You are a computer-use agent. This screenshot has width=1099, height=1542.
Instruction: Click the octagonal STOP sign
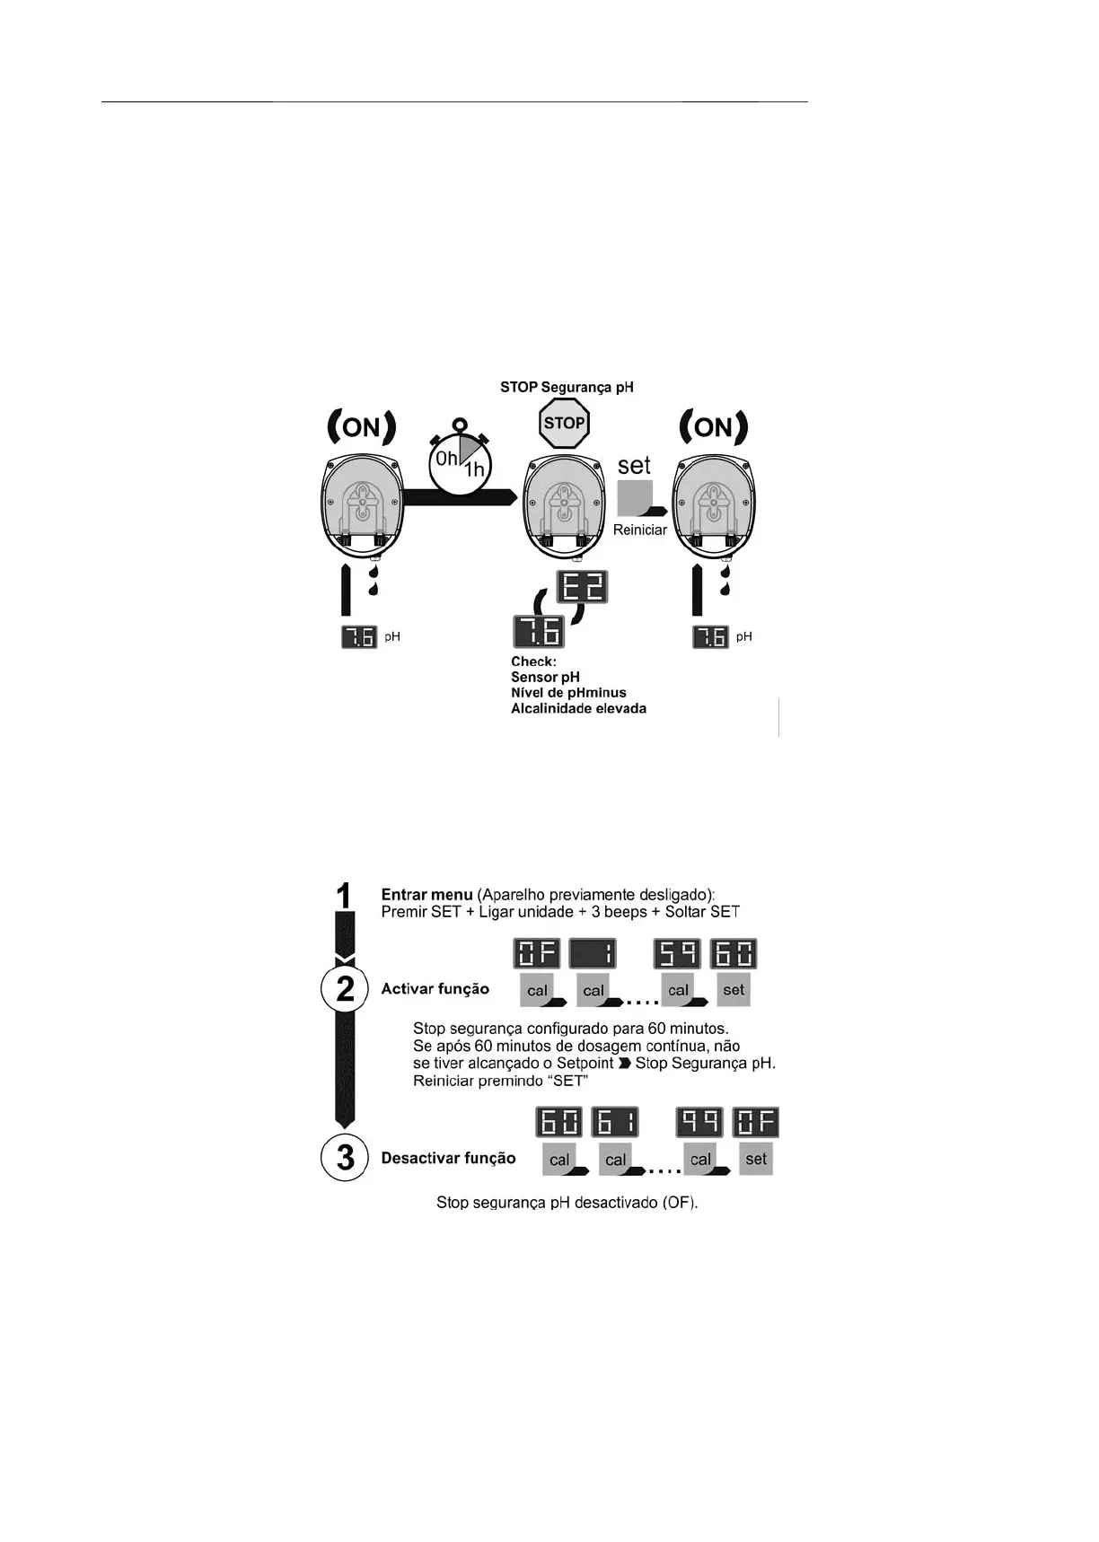(x=564, y=423)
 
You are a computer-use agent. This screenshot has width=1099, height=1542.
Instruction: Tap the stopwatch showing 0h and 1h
(x=460, y=463)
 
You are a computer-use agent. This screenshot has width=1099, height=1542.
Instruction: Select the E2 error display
(x=582, y=587)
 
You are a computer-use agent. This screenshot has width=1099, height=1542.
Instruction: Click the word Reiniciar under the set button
(x=639, y=530)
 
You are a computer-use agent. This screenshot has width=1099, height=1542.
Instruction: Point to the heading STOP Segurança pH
(x=567, y=387)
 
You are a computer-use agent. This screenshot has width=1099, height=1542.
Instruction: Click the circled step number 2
(x=345, y=989)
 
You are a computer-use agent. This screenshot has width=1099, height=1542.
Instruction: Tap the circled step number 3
(x=345, y=1157)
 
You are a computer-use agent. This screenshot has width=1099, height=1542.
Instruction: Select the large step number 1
(x=344, y=896)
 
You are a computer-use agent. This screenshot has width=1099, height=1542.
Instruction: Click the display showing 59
(x=677, y=954)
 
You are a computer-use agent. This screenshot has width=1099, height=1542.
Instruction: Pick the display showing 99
(x=699, y=1123)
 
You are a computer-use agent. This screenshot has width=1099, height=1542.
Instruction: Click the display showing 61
(x=615, y=1123)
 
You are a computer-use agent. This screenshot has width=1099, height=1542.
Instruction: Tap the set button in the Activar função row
(x=734, y=990)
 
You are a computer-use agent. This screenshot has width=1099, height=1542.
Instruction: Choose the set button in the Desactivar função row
(x=756, y=1159)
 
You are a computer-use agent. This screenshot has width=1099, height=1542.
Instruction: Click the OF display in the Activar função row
(x=537, y=954)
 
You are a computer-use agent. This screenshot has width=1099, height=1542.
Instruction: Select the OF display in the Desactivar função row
(x=756, y=1123)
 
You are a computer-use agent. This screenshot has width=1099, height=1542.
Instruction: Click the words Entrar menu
(x=426, y=894)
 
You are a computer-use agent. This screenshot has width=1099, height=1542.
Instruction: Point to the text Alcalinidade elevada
(x=578, y=708)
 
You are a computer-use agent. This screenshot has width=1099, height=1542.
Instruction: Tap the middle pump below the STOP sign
(x=563, y=507)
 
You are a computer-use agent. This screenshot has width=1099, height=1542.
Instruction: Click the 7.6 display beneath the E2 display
(x=538, y=632)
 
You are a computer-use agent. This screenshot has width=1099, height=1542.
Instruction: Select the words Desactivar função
(x=448, y=1158)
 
